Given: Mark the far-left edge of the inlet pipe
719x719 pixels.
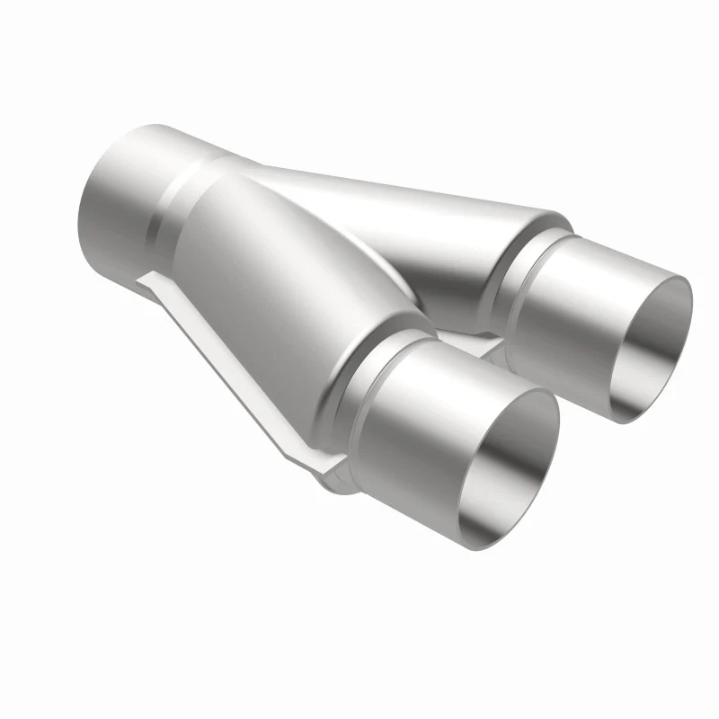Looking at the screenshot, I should click(x=78, y=216).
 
